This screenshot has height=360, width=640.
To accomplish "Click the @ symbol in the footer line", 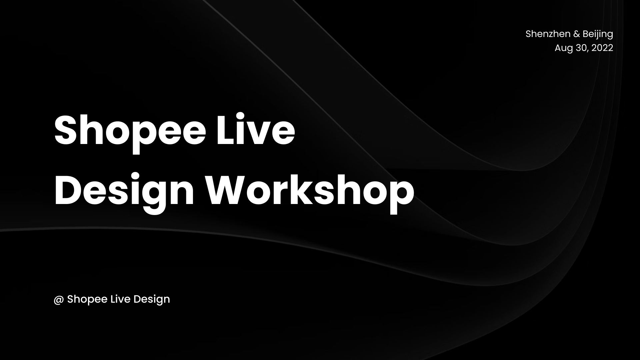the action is (59, 299).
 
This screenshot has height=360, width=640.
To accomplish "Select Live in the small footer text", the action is (120, 299).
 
